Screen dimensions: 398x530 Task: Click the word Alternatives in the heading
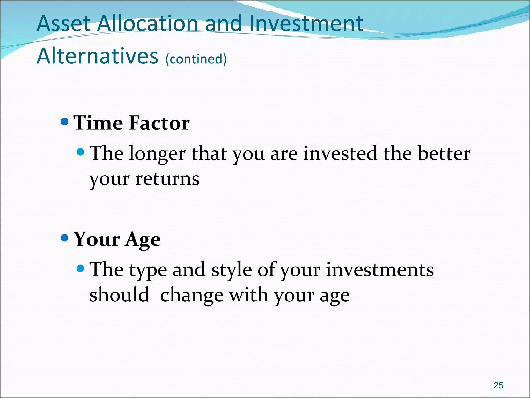point(97,56)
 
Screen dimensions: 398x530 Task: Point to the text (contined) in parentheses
point(196,59)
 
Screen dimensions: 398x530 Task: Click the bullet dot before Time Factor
point(64,122)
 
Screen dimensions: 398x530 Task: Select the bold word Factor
point(159,123)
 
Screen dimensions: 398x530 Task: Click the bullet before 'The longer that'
point(81,152)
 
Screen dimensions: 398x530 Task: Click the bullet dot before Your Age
point(64,238)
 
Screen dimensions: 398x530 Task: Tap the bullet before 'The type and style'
point(81,268)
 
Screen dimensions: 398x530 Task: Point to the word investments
point(380,270)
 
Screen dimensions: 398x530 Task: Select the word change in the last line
point(192,295)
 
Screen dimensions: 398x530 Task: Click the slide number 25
point(498,385)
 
